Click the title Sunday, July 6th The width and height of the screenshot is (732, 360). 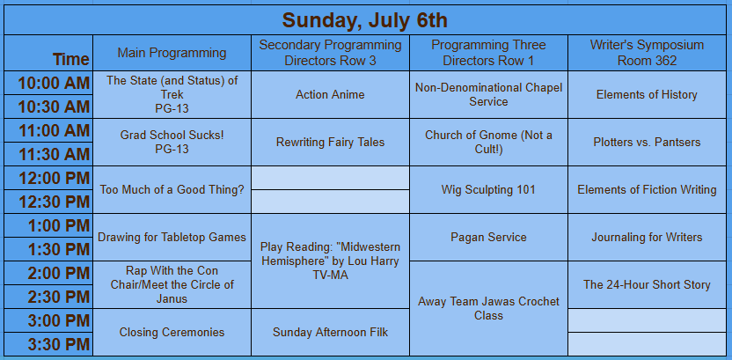point(364,20)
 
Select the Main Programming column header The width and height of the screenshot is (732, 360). point(172,53)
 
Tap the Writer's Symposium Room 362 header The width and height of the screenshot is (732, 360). point(647,53)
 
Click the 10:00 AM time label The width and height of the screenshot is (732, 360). point(54,83)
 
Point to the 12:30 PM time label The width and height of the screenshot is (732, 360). point(54,202)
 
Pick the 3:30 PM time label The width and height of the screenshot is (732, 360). point(58,344)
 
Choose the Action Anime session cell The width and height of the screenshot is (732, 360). point(330,95)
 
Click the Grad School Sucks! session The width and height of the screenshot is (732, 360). point(172,142)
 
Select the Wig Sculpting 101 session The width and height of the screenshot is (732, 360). point(488,189)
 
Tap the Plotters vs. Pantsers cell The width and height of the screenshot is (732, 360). point(647,142)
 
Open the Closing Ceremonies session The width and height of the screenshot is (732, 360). point(172,332)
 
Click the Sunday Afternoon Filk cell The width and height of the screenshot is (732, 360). point(330,332)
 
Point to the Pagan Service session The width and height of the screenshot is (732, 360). point(488,237)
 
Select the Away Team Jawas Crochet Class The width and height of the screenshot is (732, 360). point(488,308)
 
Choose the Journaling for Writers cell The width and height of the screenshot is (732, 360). point(647,237)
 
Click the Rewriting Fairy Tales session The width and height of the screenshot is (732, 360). point(330,142)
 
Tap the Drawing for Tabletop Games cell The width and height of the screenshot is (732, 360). point(172,237)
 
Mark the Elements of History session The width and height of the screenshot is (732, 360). point(647,95)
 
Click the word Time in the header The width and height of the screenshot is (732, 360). point(70,59)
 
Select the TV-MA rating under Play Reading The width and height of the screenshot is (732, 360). point(330,276)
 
